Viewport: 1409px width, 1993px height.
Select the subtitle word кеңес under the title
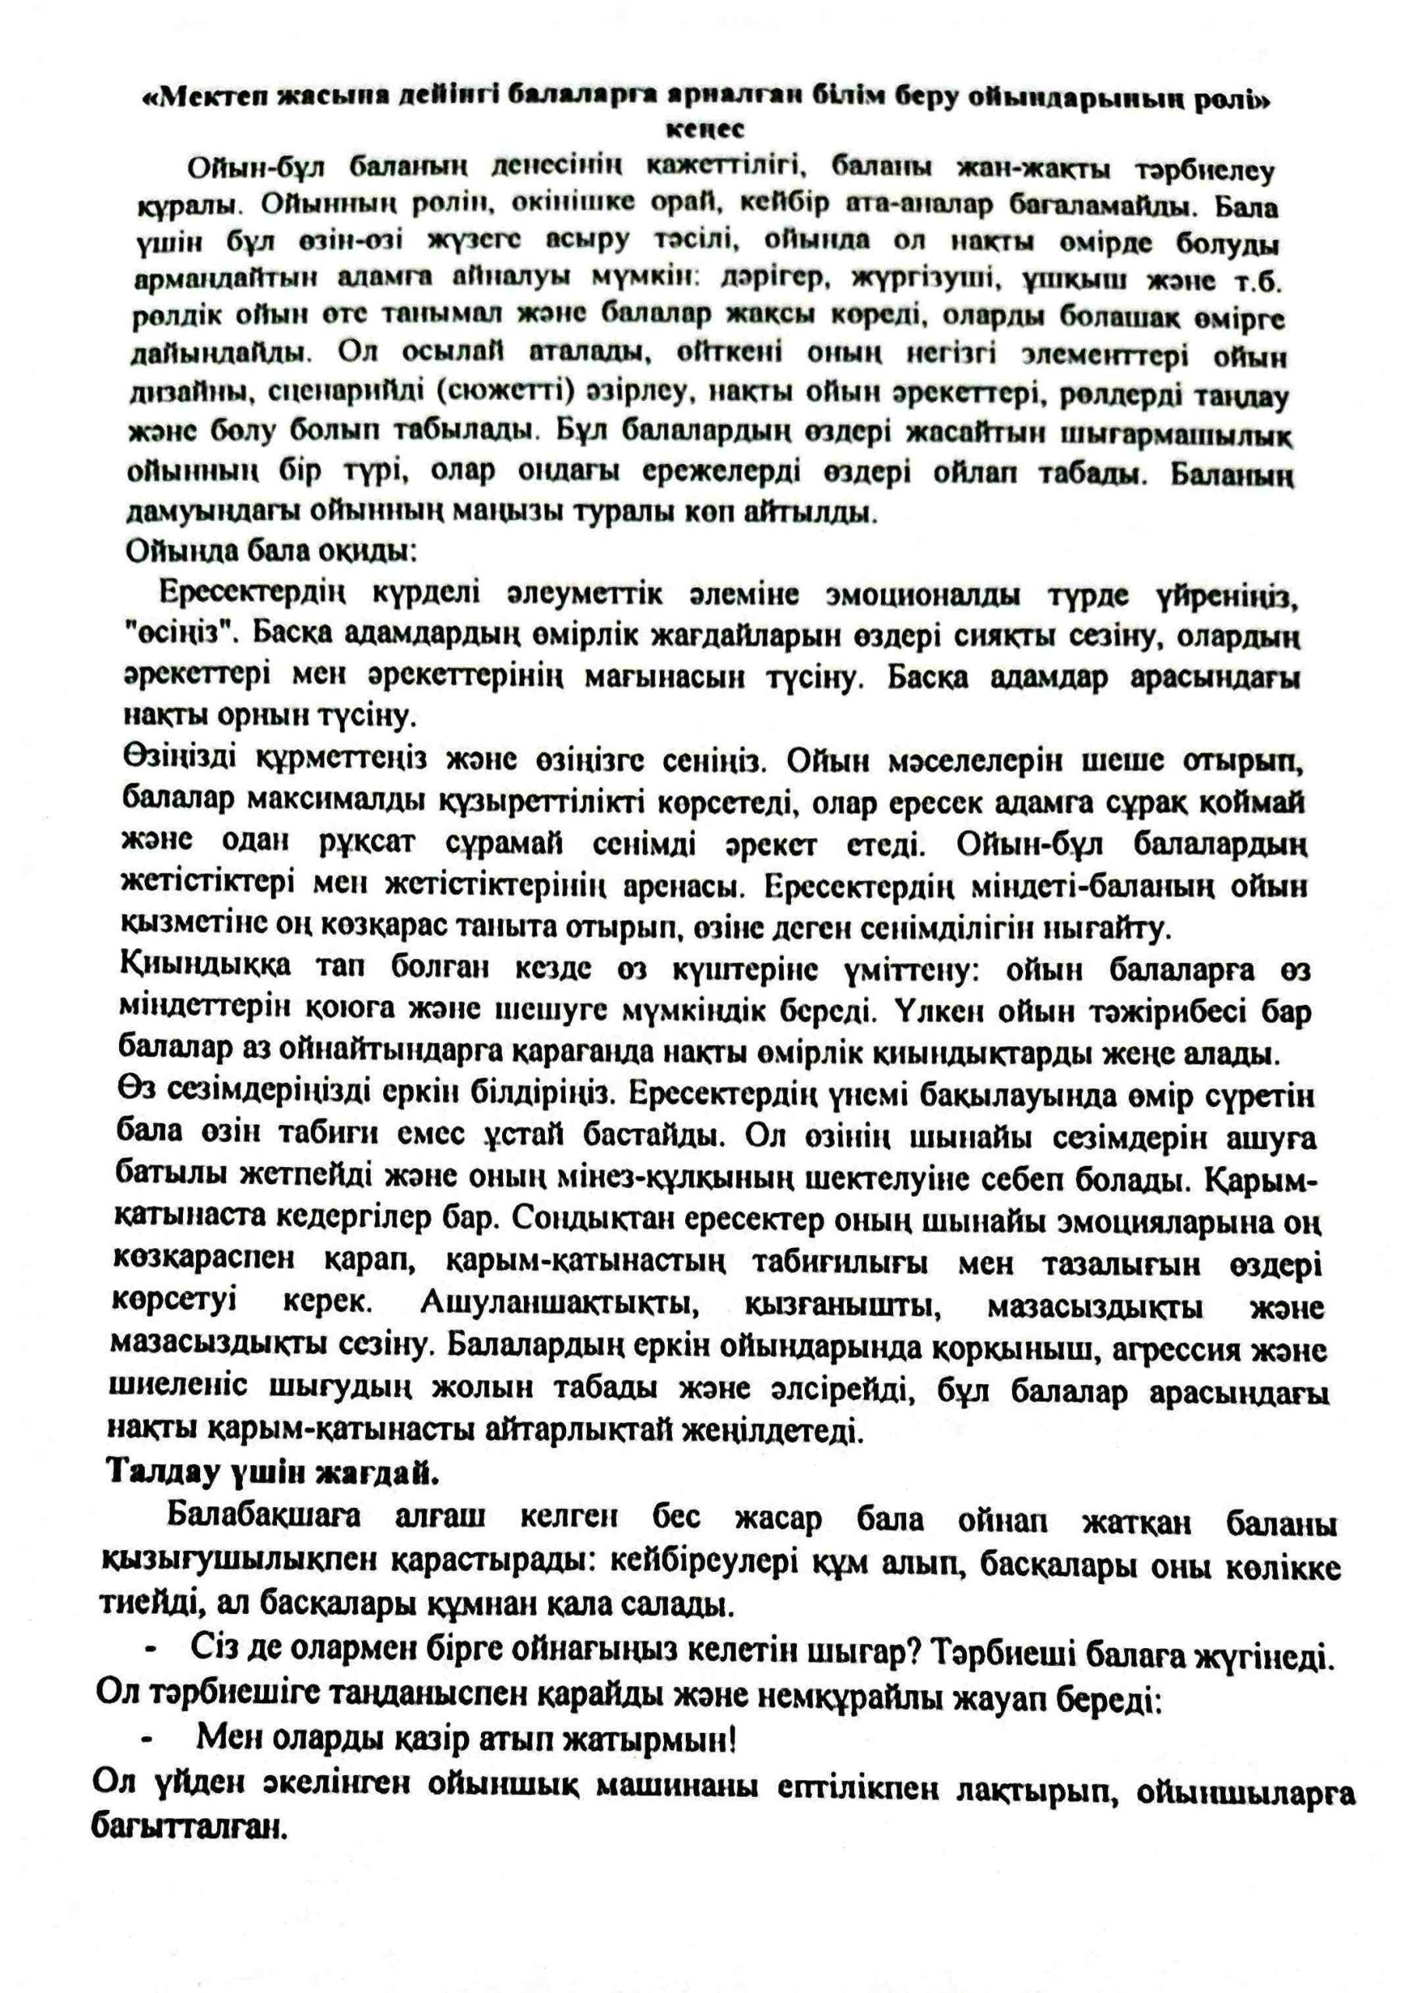pos(704,129)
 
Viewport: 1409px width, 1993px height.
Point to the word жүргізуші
pos(928,279)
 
